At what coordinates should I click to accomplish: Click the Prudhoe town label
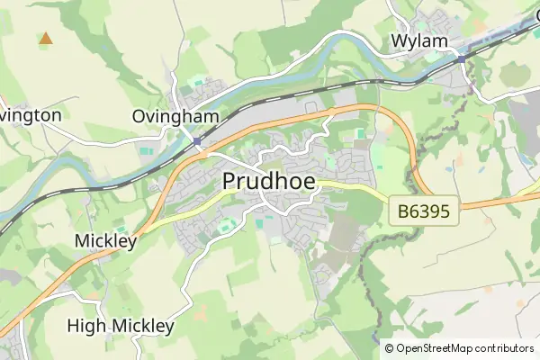click(x=269, y=182)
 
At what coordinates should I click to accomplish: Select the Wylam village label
click(x=419, y=41)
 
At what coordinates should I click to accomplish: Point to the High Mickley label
click(x=121, y=325)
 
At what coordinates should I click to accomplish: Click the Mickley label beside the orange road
click(x=105, y=241)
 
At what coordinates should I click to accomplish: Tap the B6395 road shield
click(x=424, y=213)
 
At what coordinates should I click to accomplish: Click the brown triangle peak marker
click(x=45, y=39)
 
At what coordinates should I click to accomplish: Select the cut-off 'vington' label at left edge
click(x=31, y=115)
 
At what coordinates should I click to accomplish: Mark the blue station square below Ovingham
click(x=197, y=141)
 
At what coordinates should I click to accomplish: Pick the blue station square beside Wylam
click(x=461, y=58)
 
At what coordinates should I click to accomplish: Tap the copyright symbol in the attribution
click(x=389, y=348)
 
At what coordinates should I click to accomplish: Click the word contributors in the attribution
click(x=507, y=348)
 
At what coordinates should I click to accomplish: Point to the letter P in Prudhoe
click(x=230, y=182)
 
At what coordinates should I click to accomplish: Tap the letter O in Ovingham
click(x=139, y=116)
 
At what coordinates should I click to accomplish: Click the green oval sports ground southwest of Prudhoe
click(x=227, y=224)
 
